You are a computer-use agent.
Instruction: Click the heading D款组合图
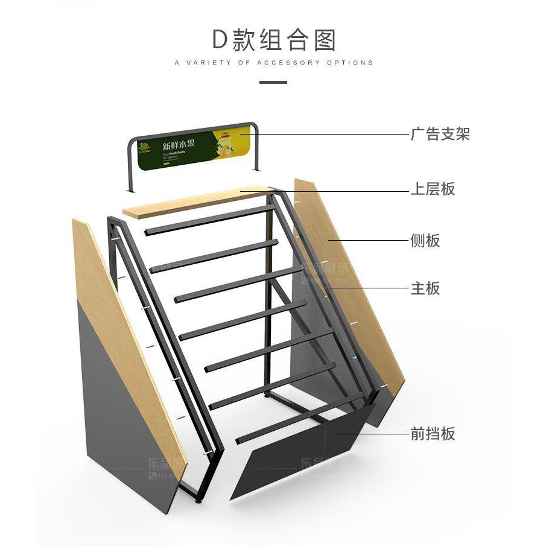273,40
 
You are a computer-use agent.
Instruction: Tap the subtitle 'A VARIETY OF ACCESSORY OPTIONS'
273,63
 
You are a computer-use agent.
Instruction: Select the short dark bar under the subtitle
273,81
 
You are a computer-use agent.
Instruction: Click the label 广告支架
440,134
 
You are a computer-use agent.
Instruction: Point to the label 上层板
433,189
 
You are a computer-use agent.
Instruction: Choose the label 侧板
425,241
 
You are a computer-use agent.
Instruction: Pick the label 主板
425,288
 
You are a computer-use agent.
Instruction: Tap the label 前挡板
433,433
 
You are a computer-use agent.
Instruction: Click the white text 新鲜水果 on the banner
179,145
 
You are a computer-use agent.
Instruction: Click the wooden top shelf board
193,203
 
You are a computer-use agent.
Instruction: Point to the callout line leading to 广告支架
332,134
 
